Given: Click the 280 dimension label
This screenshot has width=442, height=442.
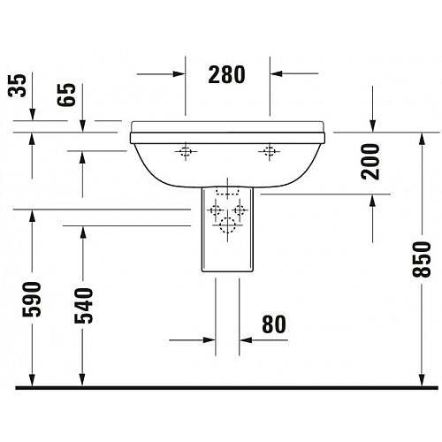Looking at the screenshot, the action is coord(226,74).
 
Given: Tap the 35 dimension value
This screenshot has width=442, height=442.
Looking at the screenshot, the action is coord(17,86).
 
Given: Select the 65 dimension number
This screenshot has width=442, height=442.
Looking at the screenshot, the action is coord(66,95).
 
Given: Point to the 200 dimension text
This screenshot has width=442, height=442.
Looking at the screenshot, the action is coord(370,162).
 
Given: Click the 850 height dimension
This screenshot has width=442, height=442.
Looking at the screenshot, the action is coord(422,259).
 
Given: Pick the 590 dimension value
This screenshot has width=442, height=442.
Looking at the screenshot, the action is coord(32,300).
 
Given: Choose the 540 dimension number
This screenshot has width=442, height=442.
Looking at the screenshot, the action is coord(83,306).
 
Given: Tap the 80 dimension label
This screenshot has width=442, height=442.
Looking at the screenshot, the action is coord(274,324).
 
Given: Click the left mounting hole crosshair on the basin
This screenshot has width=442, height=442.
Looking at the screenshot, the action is coord(186,151).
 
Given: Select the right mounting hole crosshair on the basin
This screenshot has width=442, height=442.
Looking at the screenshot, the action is coord(269,151).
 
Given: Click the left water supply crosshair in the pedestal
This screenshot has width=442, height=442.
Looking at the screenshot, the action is coord(216,210).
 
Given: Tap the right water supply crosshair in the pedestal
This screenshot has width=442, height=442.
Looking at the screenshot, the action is coord(240,210).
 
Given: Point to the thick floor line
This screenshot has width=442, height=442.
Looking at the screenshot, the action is coord(227,387).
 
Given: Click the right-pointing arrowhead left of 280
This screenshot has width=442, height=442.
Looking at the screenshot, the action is coord(179,74).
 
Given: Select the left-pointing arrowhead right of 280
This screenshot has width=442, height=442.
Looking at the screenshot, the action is coord(277,73).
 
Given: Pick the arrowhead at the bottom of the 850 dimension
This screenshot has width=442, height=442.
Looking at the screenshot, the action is coord(422,379).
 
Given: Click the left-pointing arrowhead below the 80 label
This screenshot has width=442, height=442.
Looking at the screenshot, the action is coord(246,340).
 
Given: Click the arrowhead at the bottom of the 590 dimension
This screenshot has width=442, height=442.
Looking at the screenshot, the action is coord(32,379).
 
